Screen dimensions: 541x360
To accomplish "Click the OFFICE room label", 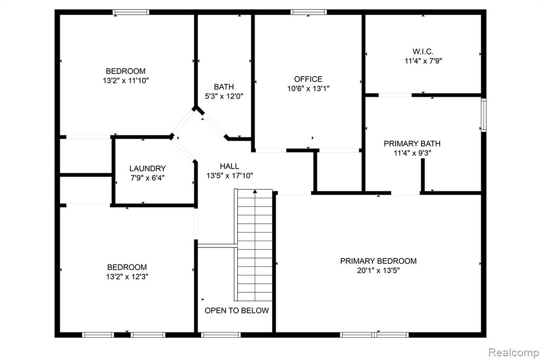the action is [308, 79].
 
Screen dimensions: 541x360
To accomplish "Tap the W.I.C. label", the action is [423, 52].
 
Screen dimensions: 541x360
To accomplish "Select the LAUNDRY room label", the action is [147, 169].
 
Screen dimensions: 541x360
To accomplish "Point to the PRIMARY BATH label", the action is [412, 144].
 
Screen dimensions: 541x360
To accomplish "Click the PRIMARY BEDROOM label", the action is [378, 261].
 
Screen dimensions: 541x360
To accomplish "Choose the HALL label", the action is [229, 167].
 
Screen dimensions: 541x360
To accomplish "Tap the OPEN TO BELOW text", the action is [237, 311].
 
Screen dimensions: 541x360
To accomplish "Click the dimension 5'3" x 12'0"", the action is [224, 96].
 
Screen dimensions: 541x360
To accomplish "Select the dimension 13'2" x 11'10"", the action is [126, 81].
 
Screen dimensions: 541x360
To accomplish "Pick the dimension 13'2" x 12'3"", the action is [127, 277].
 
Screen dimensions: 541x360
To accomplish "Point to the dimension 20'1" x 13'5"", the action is [378, 271].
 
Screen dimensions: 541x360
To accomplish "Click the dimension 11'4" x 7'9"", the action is [423, 61].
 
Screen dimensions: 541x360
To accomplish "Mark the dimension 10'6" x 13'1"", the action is [308, 89].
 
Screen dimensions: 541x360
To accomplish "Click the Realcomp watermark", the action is [514, 353].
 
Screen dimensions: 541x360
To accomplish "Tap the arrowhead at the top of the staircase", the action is [255, 191].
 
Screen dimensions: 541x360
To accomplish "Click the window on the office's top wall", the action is [309, 12].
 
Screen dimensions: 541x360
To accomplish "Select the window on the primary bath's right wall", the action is [484, 115].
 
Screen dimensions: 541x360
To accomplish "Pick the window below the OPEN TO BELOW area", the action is [221, 335].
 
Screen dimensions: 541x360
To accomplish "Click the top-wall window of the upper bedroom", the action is [131, 12].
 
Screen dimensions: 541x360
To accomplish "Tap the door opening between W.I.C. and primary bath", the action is [395, 95].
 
